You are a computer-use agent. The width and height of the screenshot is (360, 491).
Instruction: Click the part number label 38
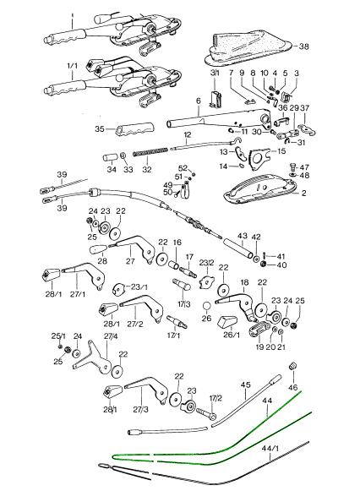303,46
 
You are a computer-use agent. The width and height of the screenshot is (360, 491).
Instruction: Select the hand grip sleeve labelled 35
134,129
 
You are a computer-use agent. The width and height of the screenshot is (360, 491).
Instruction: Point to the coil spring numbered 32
150,152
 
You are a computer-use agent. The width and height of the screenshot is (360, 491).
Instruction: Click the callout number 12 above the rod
188,135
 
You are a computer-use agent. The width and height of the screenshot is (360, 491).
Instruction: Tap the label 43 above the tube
243,236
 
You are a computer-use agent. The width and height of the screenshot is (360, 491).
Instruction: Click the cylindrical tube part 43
237,248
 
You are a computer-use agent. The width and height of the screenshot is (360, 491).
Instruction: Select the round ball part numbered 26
206,307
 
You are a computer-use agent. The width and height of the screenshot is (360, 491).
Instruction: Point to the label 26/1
232,335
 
